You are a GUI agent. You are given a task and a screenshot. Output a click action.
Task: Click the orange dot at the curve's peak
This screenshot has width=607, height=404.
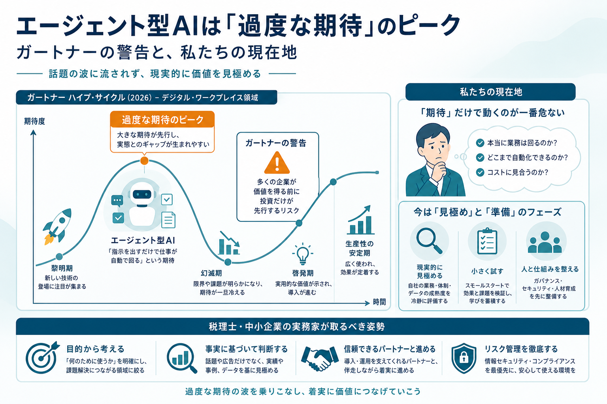(144, 161)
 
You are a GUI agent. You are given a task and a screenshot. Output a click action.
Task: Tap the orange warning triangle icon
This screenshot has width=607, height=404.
(277, 163)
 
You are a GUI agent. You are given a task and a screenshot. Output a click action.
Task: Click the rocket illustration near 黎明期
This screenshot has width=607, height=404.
(57, 226)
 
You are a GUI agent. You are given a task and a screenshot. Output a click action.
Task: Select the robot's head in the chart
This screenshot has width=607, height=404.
(142, 194)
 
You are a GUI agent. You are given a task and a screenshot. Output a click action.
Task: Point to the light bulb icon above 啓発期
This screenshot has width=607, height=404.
(303, 254)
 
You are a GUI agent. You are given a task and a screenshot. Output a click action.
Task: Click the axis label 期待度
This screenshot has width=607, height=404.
(34, 121)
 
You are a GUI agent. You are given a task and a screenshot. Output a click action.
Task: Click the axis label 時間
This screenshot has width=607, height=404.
(379, 302)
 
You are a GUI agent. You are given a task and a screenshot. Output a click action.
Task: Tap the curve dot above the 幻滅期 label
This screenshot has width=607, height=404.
(228, 262)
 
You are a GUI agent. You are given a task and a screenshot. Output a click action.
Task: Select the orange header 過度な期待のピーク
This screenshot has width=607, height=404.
(162, 119)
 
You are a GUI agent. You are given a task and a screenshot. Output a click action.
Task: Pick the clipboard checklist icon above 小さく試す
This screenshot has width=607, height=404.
(487, 241)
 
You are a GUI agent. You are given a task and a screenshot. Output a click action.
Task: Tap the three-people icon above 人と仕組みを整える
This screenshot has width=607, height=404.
(545, 242)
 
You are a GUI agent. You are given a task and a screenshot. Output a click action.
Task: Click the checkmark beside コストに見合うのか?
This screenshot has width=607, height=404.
(480, 172)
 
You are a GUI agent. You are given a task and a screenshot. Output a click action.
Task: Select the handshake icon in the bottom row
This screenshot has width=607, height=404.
(320, 358)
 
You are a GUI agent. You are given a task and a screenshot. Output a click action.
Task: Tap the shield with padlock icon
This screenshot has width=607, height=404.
(464, 358)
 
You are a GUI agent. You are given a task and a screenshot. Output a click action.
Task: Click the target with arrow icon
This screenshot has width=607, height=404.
(43, 357)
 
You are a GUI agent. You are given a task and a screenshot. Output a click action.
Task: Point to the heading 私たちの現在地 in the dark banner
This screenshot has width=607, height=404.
(491, 92)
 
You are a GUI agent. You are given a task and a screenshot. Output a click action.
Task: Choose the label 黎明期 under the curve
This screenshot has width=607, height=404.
(62, 268)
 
